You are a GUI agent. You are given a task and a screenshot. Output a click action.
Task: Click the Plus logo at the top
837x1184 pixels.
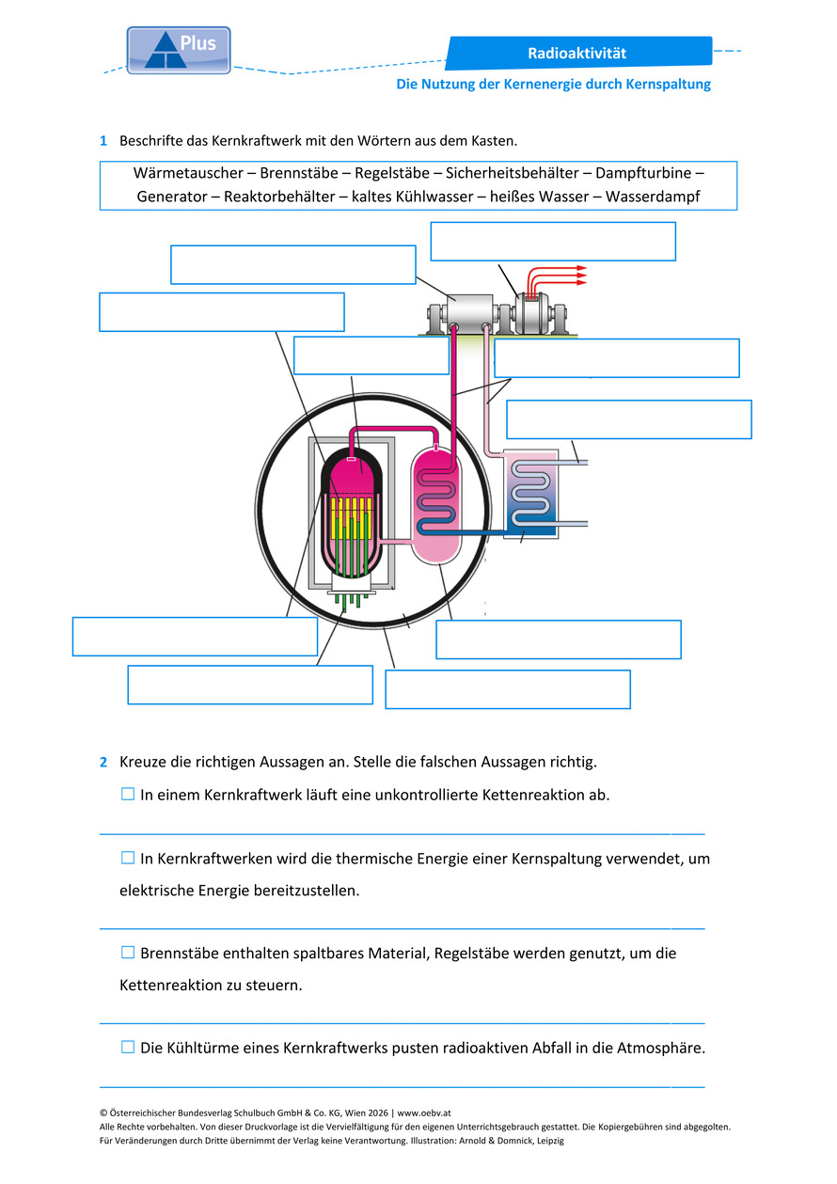tap(178, 50)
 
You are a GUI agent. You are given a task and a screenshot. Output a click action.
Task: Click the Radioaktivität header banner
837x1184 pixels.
tap(578, 53)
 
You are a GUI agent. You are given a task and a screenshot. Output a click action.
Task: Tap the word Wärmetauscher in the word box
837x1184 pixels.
tap(188, 173)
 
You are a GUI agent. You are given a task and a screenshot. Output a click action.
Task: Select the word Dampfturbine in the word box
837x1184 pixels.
tap(643, 173)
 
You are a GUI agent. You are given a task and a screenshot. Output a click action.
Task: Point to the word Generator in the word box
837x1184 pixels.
tap(172, 197)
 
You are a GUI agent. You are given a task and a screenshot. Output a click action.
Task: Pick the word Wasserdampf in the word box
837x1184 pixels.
tap(653, 197)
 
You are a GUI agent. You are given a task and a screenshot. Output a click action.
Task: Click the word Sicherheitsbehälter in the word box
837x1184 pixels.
tap(512, 173)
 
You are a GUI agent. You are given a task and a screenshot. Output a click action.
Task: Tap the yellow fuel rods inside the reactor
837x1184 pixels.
tap(351, 518)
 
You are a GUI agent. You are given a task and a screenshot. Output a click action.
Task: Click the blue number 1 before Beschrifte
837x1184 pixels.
tap(103, 141)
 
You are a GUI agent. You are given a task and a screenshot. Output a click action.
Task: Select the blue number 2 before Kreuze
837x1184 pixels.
tap(103, 762)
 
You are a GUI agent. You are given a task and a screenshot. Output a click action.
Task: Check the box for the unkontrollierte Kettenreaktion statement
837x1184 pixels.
tap(127, 794)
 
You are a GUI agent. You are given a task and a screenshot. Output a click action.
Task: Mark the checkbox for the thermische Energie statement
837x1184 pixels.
tap(127, 858)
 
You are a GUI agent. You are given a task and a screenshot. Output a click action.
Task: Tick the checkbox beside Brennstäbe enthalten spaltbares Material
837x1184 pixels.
tap(127, 952)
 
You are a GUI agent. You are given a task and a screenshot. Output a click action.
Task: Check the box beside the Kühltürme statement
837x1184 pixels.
tap(127, 1047)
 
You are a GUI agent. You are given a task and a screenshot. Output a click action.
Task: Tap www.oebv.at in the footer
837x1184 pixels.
tap(424, 1113)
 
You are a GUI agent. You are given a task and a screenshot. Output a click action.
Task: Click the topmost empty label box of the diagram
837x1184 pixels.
tap(553, 242)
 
